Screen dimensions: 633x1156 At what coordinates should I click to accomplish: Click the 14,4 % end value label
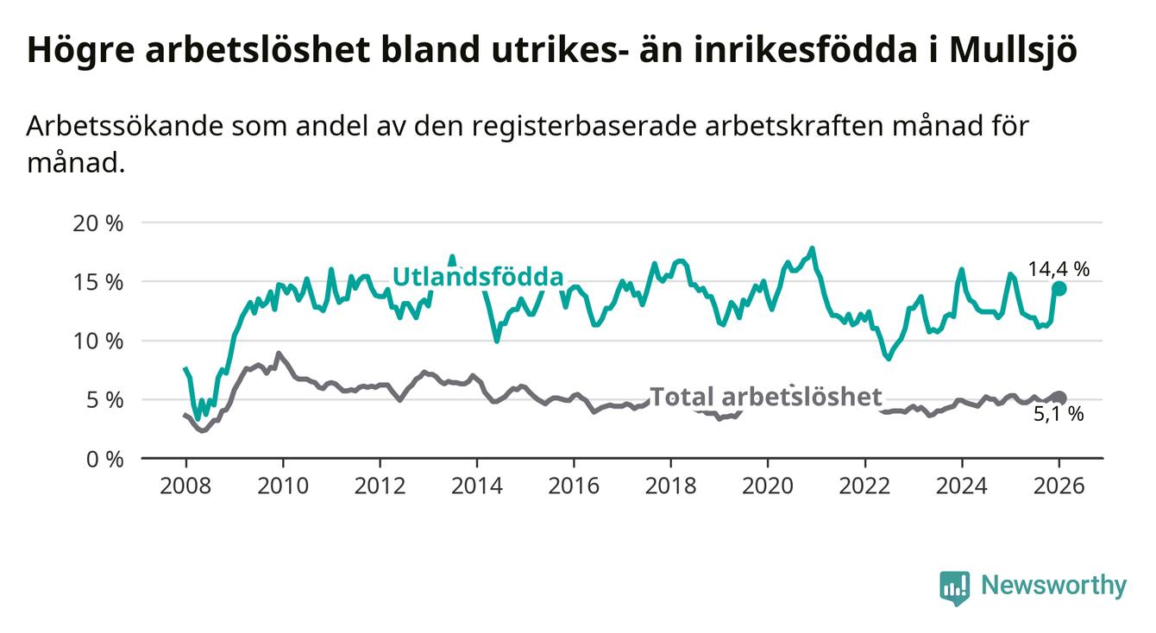[1059, 269]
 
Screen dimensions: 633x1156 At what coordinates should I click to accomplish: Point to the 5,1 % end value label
[1059, 415]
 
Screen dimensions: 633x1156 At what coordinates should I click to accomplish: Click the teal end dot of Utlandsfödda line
[1059, 289]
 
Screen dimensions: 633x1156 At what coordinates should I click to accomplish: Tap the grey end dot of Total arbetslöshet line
[1059, 398]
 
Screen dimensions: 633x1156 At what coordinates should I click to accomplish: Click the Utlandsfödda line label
[478, 277]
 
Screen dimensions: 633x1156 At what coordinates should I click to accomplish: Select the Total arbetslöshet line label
[766, 397]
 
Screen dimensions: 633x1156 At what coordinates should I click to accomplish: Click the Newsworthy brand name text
[1053, 586]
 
